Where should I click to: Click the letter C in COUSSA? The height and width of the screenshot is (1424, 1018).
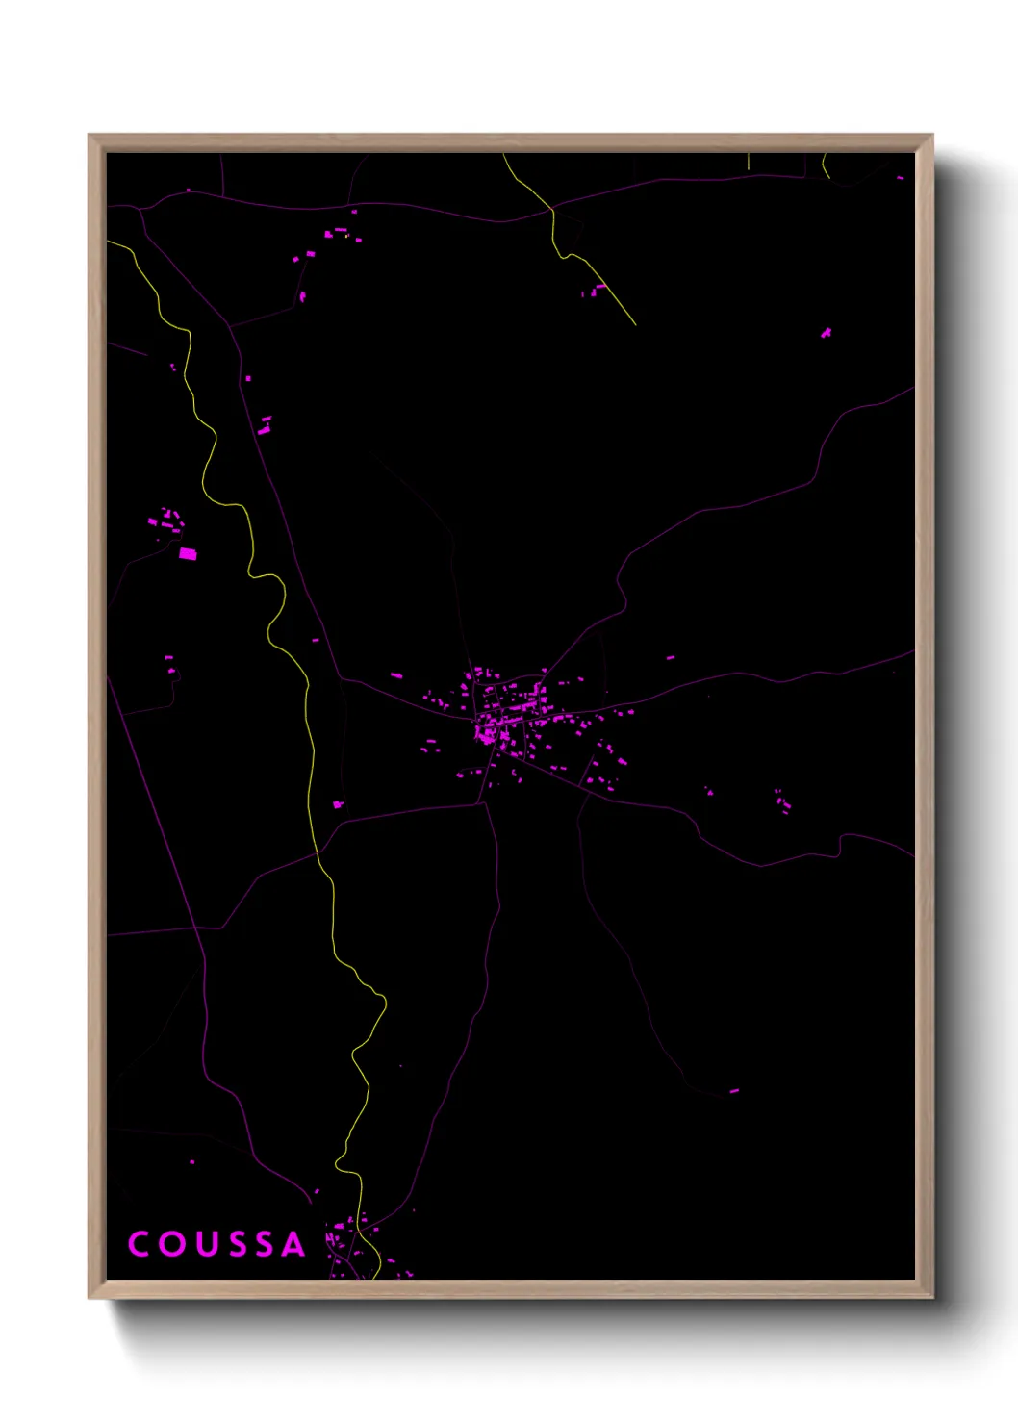click(x=139, y=1244)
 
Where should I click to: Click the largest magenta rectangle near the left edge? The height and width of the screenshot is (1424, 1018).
click(x=188, y=553)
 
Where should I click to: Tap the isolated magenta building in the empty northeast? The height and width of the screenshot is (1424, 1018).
click(x=826, y=333)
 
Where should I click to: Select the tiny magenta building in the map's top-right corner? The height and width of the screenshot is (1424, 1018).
click(x=901, y=178)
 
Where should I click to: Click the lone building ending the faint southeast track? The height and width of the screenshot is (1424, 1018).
click(x=734, y=1091)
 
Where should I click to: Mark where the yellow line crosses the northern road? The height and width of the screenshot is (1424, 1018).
click(x=552, y=207)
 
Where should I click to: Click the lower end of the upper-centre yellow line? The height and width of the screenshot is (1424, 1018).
click(x=635, y=324)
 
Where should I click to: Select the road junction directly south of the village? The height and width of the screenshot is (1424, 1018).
click(x=483, y=803)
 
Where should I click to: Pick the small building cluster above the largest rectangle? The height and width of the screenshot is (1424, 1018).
click(x=170, y=521)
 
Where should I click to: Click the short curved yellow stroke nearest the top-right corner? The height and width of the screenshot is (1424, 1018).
click(x=826, y=168)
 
